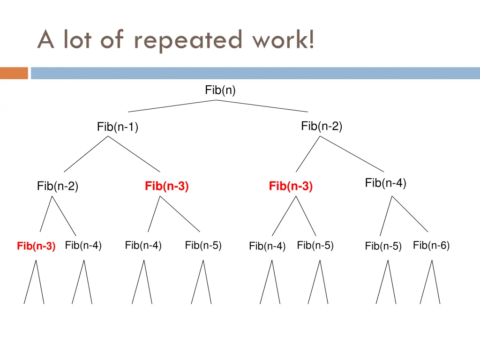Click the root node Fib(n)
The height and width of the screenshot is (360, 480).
tap(220, 90)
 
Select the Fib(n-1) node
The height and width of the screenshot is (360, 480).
tap(117, 127)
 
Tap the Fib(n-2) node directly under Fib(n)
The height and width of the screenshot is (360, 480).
tap(322, 126)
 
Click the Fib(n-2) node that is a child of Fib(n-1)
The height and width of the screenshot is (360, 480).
tap(58, 187)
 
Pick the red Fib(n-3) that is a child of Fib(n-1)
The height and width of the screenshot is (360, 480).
tap(166, 187)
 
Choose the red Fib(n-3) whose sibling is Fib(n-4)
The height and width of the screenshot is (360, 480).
tap(291, 187)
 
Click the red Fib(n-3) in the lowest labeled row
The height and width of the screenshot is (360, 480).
tap(36, 246)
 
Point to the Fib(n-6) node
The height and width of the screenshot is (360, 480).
tap(431, 245)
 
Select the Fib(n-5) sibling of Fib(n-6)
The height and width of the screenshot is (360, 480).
tap(383, 246)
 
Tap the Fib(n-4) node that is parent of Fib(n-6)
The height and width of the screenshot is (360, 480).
tap(385, 183)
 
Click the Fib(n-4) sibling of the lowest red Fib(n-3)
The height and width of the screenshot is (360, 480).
tap(83, 245)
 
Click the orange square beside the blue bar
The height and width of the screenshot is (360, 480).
tap(14, 73)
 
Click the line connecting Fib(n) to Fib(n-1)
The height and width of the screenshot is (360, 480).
tap(172, 106)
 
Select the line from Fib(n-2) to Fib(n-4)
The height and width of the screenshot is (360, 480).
tap(352, 154)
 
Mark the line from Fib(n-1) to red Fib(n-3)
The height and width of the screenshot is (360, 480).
tap(134, 154)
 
